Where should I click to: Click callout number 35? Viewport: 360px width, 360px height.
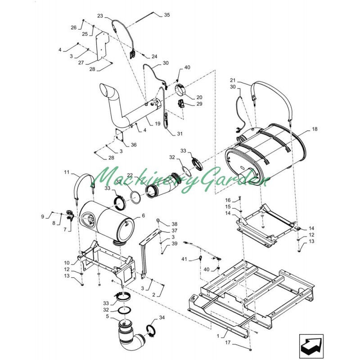[x=167, y=15]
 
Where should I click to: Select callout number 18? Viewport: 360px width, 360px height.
[x=315, y=129]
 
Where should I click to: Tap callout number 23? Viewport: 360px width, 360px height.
[x=100, y=16]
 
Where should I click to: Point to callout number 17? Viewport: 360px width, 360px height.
[x=228, y=342]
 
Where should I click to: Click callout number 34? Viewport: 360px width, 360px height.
[x=162, y=318]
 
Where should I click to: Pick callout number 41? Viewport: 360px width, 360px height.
[x=184, y=259]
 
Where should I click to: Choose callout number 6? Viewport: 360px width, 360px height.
[x=144, y=216]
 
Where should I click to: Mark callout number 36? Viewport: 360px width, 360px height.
[x=134, y=145]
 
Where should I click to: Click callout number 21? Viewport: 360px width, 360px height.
[x=233, y=80]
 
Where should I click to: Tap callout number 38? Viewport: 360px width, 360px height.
[x=175, y=224]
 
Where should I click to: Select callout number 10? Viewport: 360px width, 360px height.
[x=67, y=263]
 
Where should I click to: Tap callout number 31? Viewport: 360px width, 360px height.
[x=180, y=134]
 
